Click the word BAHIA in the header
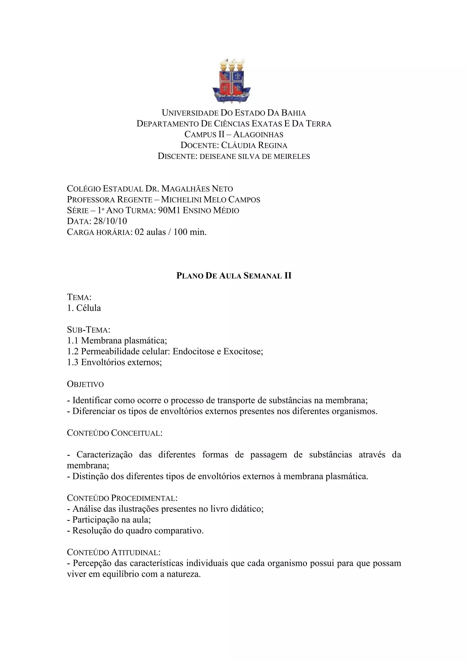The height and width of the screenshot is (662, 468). coord(293,113)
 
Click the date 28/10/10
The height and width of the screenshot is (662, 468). coord(110,221)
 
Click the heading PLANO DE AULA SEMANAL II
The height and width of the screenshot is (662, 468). coord(234,276)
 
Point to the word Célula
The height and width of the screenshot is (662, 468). coord(89,308)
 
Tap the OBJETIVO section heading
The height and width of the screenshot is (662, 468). coord(85,384)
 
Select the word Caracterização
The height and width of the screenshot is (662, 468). coord(104,455)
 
